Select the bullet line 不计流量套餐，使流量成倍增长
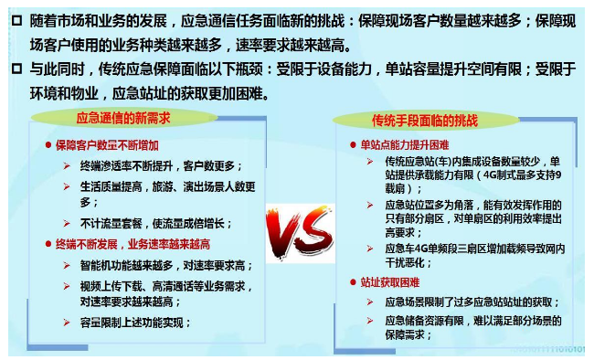click(154, 223)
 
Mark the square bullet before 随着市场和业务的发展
click(16, 20)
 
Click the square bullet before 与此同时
click(16, 68)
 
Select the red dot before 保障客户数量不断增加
click(48, 144)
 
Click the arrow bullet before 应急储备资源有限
click(370, 321)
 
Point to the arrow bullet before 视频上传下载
click(67, 286)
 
